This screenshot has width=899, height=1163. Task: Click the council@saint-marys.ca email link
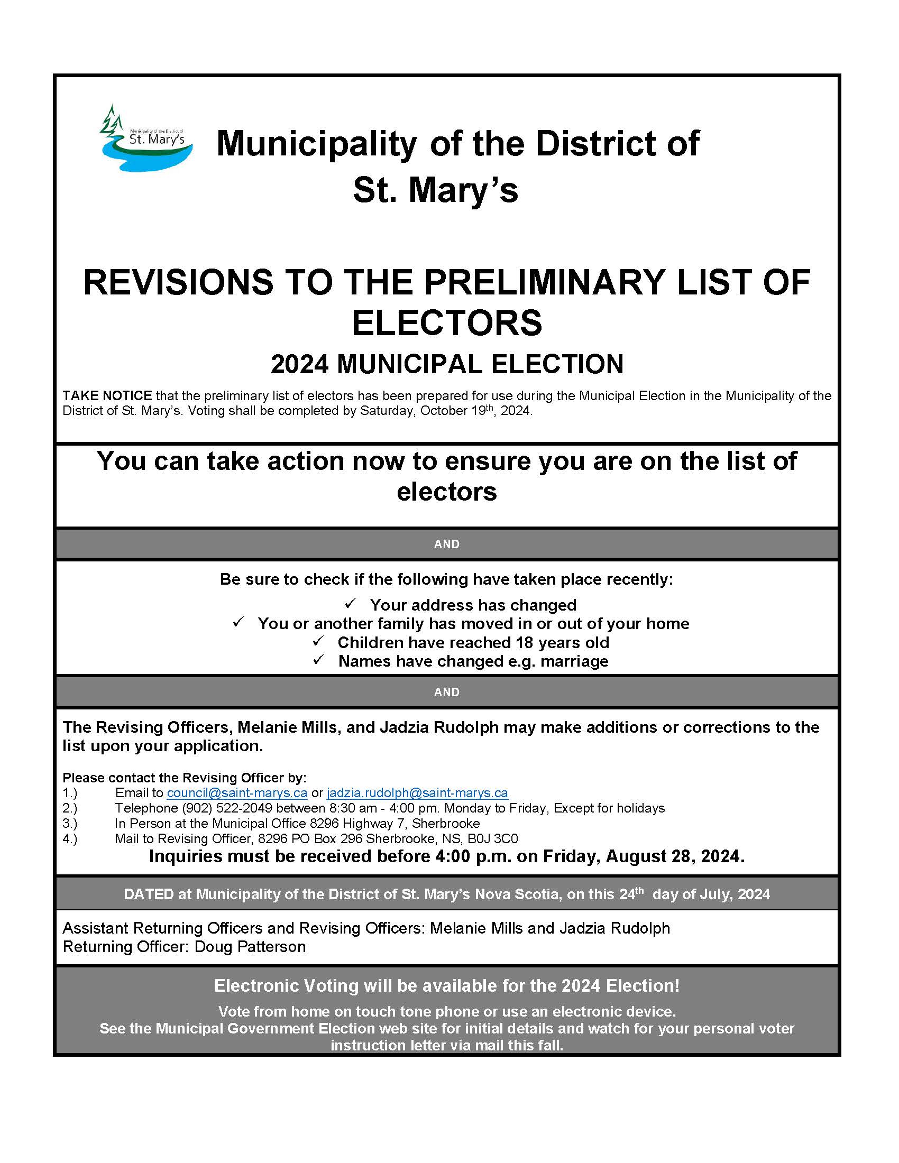237,792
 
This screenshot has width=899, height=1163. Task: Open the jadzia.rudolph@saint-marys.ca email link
417,792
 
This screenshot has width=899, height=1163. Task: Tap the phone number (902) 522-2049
227,808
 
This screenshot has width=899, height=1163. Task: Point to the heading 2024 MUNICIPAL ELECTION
447,364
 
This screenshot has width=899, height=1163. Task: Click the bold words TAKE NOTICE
107,395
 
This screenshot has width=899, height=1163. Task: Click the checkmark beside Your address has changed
351,604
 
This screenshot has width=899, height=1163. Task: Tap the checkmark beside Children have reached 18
318,641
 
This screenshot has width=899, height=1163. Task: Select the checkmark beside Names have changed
318,660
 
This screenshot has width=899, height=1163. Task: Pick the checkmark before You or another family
238,622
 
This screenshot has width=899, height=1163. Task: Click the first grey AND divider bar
447,543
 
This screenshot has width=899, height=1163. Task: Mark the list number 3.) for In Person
70,823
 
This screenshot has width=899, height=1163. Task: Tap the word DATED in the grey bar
149,894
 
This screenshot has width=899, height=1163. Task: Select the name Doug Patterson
250,946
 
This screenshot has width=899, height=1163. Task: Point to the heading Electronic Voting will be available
447,985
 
